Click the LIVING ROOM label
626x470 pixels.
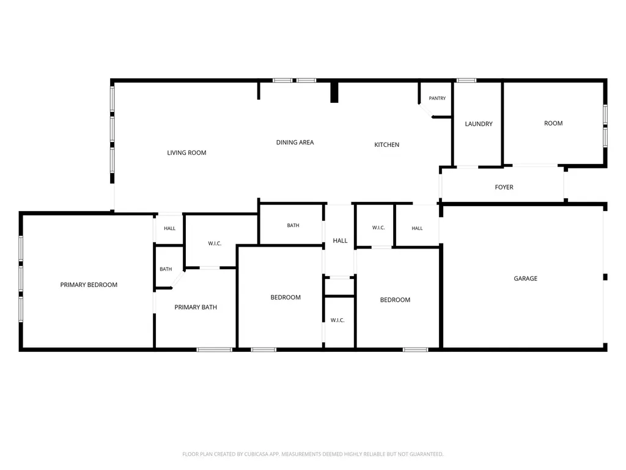186,152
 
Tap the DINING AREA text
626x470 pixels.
295,142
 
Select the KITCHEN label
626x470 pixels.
386,144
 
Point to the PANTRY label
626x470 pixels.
437,99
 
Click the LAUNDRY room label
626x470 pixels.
479,124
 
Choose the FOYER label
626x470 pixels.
504,187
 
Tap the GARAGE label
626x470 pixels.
525,278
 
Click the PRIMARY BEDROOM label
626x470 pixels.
89,285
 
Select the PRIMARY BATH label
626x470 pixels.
196,307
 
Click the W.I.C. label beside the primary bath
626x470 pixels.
215,244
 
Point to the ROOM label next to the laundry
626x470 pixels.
553,124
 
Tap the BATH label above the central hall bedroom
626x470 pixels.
293,225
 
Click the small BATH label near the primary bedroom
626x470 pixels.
166,269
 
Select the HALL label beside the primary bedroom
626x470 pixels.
170,229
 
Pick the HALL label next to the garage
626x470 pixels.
417,228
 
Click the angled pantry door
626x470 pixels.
425,110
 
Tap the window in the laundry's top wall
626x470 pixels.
466,80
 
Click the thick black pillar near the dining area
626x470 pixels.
334,92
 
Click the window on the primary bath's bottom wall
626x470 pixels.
215,349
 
